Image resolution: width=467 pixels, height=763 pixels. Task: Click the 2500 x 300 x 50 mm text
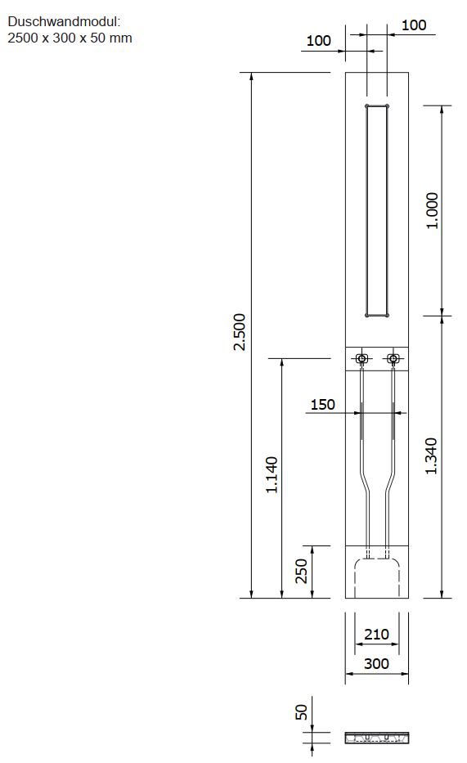tap(70, 38)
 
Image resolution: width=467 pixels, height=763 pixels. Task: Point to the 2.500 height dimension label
tap(239, 332)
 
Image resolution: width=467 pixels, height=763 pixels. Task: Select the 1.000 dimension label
tap(433, 210)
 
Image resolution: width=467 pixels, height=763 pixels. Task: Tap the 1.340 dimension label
tap(433, 456)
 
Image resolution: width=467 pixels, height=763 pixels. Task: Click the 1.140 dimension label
tap(272, 474)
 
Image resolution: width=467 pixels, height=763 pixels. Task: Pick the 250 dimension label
tap(301, 572)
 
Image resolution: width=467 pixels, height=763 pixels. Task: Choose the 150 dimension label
tap(323, 405)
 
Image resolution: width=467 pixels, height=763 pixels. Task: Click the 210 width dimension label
tap(376, 635)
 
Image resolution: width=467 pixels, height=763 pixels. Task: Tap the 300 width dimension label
tap(376, 664)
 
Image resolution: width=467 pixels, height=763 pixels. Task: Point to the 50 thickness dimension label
tap(301, 712)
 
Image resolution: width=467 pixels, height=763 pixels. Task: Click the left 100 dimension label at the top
tap(319, 41)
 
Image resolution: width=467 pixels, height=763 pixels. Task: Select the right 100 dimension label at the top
tap(414, 25)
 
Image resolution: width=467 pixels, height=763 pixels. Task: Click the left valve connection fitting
tap(361, 359)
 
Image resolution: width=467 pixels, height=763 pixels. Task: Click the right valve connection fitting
tap(393, 359)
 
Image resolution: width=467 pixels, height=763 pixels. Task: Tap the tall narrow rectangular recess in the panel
tap(376, 210)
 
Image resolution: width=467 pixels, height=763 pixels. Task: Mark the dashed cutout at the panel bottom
tap(376, 577)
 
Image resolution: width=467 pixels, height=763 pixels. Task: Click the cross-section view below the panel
tap(376, 738)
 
